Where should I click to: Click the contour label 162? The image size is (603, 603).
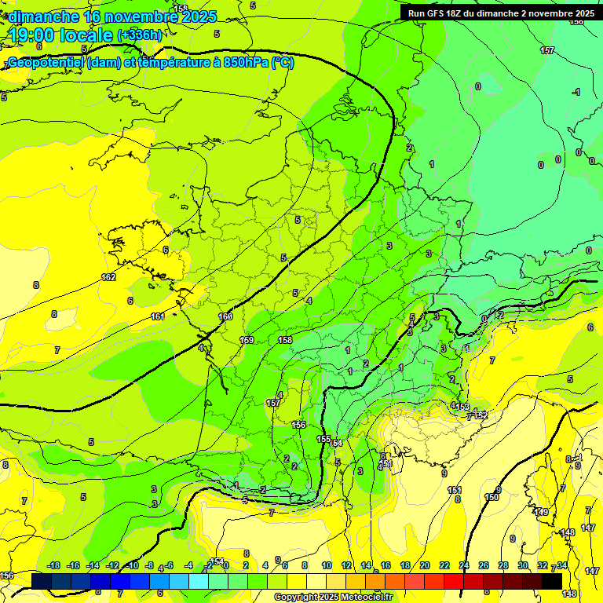pyautogui.click(x=108, y=277)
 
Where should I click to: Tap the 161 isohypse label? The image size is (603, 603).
pyautogui.click(x=158, y=316)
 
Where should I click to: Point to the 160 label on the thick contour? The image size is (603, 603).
pyautogui.click(x=225, y=316)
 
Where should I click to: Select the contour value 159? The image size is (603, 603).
pyautogui.click(x=247, y=340)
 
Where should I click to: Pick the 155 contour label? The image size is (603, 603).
pyautogui.click(x=323, y=439)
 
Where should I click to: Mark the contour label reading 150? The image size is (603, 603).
pyautogui.click(x=492, y=497)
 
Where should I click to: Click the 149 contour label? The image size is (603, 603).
pyautogui.click(x=542, y=512)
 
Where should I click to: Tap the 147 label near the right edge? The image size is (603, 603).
pyautogui.click(x=589, y=528)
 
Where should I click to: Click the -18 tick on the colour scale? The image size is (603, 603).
pyautogui.click(x=53, y=565)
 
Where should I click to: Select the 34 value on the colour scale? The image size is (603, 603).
pyautogui.click(x=562, y=565)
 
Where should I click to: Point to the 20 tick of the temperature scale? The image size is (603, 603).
pyautogui.click(x=425, y=565)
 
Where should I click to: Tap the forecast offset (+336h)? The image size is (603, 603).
pyautogui.click(x=140, y=35)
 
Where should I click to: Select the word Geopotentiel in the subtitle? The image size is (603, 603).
pyautogui.click(x=44, y=63)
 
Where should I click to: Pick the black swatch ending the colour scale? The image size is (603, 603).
pyautogui.click(x=552, y=581)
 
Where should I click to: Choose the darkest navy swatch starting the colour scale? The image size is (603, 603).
pyautogui.click(x=42, y=581)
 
